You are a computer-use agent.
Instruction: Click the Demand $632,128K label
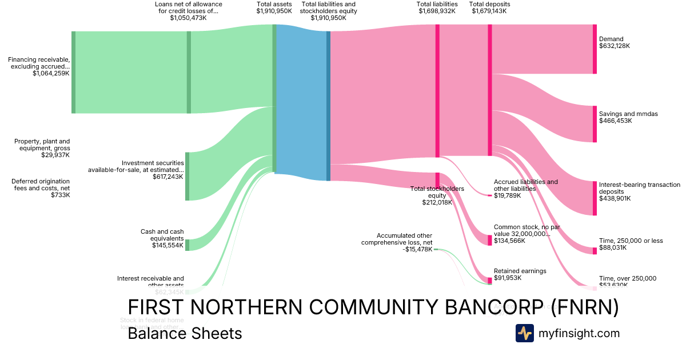(615, 43)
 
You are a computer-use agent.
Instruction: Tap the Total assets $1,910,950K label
(274, 7)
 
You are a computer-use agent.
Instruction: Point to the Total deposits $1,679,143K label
(489, 7)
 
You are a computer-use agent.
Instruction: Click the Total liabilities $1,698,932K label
(437, 7)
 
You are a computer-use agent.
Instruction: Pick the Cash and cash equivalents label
(162, 238)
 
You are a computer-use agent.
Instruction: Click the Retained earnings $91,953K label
(520, 274)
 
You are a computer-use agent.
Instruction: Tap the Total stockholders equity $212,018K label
(437, 195)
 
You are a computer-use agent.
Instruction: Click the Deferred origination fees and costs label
(41, 188)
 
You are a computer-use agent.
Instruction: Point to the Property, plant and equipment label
(42, 148)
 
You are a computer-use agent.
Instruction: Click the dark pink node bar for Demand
(595, 49)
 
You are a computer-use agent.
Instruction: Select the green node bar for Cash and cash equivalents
(187, 245)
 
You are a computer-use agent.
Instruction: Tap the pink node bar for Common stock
(490, 240)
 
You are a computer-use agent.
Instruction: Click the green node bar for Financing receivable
(73, 72)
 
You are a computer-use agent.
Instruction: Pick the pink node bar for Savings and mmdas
(595, 123)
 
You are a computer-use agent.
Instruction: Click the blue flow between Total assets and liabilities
(301, 103)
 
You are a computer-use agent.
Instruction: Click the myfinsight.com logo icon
(524, 333)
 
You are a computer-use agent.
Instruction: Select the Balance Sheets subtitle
(185, 333)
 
